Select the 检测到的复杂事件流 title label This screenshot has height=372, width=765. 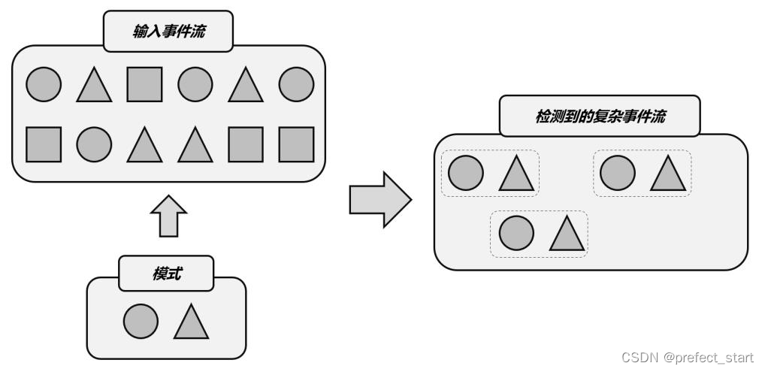[599, 117]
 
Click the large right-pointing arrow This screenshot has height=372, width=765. [379, 199]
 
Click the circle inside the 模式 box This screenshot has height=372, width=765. [141, 322]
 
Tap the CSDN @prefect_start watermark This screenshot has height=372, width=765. [687, 358]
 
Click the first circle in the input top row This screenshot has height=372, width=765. [44, 85]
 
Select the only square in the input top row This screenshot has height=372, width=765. [144, 85]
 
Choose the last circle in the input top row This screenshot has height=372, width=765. [296, 85]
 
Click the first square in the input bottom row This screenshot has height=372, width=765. [44, 144]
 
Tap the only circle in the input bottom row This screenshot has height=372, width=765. [94, 144]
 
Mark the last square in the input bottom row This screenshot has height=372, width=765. [296, 144]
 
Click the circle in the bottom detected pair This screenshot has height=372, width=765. [516, 233]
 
